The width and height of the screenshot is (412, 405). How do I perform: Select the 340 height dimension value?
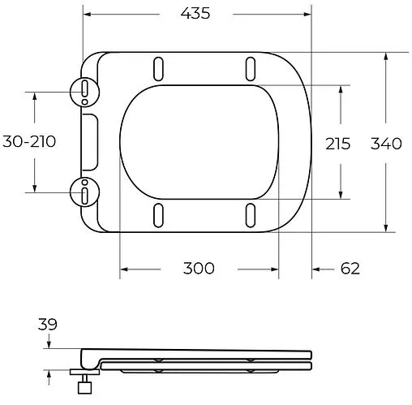click(385, 144)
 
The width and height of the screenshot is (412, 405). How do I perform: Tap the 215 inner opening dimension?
click(337, 144)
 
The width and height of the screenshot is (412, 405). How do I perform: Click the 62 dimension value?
click(350, 269)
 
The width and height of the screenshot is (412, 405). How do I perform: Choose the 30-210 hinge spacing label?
click(28, 142)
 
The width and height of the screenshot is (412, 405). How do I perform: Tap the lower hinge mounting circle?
click(85, 192)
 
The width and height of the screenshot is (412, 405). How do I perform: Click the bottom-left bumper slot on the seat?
click(157, 217)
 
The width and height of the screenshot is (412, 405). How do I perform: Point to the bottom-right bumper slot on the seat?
click(250, 217)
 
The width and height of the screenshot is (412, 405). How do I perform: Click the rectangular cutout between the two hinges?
click(89, 142)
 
